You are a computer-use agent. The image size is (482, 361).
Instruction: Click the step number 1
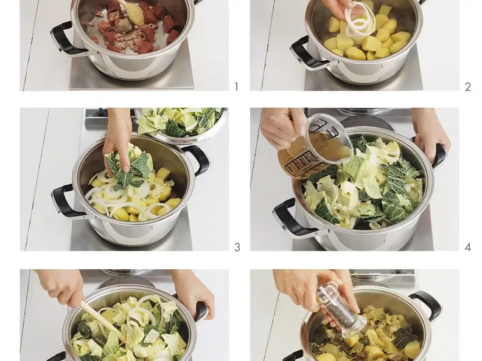click(236, 87)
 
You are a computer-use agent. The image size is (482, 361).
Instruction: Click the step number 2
click(468, 87)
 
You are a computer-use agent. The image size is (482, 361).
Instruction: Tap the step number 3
click(237, 247)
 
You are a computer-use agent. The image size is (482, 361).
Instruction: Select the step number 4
click(468, 247)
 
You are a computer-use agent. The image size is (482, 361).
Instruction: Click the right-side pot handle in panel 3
click(197, 160)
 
